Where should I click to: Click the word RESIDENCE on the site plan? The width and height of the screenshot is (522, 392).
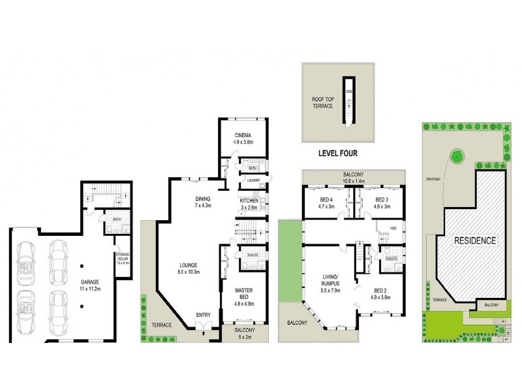pyautogui.click(x=475, y=240)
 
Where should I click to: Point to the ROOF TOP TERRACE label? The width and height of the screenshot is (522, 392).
pyautogui.click(x=323, y=102)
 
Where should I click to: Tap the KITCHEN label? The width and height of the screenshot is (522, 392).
pyautogui.click(x=249, y=200)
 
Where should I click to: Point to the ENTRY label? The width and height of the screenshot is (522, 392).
pyautogui.click(x=202, y=316)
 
